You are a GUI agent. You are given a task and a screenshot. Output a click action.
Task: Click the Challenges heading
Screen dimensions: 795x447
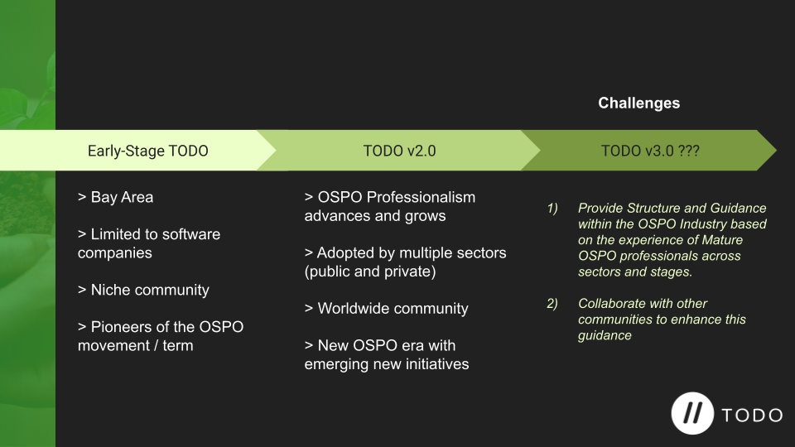(638, 103)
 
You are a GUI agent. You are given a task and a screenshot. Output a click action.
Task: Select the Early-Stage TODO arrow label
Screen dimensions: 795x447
(148, 151)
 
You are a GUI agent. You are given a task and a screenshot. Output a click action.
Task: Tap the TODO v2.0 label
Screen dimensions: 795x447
(399, 151)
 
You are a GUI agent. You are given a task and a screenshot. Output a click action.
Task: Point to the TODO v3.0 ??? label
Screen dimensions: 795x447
(651, 151)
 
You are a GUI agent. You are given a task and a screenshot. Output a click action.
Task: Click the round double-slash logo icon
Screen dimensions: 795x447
(692, 414)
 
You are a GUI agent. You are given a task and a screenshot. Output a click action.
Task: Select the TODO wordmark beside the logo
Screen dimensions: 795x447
(753, 416)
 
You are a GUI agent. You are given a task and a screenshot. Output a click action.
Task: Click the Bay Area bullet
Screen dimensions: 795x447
(115, 197)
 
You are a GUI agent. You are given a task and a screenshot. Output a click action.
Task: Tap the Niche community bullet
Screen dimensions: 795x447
(143, 290)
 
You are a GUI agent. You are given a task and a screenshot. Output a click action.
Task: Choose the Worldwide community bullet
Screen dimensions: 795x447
(387, 308)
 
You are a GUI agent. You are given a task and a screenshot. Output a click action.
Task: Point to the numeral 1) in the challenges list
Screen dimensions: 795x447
(552, 209)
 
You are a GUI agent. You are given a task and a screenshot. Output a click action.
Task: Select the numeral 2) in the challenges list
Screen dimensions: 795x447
(552, 304)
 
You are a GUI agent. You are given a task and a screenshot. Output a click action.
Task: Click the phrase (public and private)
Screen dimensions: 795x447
(370, 272)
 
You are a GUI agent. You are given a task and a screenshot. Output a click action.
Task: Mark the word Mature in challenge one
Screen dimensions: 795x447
(725, 240)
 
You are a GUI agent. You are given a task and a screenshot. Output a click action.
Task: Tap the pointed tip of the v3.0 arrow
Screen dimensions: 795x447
(776, 150)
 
